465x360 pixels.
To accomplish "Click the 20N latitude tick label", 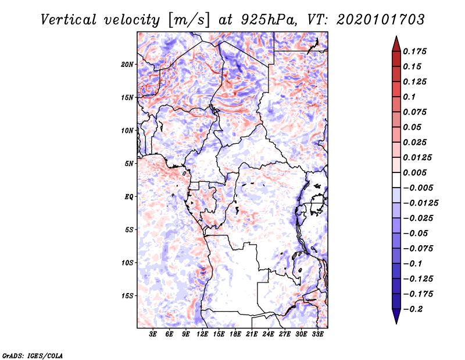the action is tap(127, 65).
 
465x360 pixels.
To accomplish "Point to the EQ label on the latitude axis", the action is tap(128, 197).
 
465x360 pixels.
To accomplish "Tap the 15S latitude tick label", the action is tap(127, 296).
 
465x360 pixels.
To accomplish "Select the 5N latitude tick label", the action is tap(129, 164).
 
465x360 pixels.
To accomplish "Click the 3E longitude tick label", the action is tap(153, 334).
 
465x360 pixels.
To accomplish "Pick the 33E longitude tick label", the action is tap(317, 334).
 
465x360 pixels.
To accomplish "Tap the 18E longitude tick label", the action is tap(235, 334).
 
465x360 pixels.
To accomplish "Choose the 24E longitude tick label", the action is tap(268, 334).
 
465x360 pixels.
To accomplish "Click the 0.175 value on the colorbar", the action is tap(414, 51).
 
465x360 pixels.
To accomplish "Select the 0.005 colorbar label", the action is tap(414, 172).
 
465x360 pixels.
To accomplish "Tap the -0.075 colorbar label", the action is tap(418, 249).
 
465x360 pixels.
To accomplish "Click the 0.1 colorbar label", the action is tap(409, 97).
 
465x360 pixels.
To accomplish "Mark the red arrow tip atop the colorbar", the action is tap(396, 37).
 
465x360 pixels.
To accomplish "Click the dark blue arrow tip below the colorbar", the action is tap(396, 323).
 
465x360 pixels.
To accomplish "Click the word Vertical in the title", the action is tap(69, 20).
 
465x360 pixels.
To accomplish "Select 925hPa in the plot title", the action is tap(269, 20).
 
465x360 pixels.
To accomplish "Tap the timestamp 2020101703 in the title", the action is tap(381, 20).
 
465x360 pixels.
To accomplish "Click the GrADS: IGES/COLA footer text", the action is tap(33, 355).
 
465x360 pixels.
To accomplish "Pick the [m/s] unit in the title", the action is tap(188, 20).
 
